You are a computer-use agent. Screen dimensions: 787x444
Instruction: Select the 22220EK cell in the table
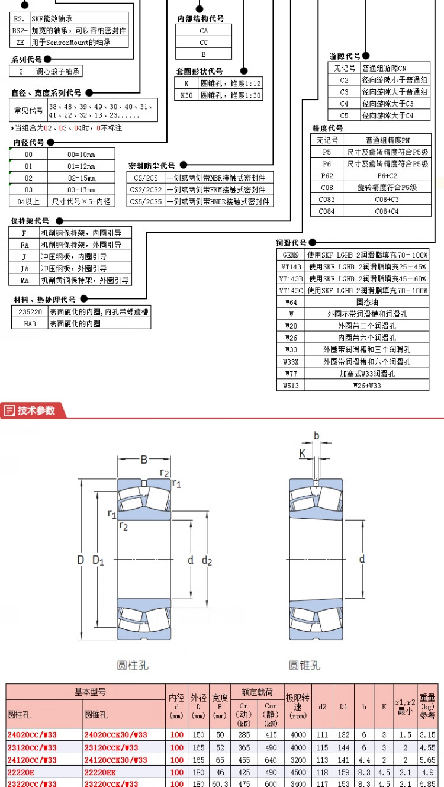[x=101, y=772]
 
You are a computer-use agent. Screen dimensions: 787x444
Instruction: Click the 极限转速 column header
[x=298, y=706]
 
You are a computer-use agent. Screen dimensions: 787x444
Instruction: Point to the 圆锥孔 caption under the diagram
[x=304, y=665]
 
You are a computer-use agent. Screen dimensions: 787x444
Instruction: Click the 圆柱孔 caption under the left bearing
[x=133, y=665]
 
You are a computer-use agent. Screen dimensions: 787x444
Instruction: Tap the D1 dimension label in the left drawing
[x=98, y=560]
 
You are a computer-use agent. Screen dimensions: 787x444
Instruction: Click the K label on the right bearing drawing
[x=303, y=454]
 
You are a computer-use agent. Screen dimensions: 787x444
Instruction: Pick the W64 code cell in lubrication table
[x=291, y=302]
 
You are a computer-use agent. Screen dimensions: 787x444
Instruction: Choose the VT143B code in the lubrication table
[x=291, y=278]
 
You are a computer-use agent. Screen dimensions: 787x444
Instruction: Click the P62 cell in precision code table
[x=327, y=175]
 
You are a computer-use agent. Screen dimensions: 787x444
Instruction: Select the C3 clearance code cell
[x=344, y=92]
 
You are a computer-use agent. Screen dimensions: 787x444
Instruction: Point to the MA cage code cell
[x=24, y=280]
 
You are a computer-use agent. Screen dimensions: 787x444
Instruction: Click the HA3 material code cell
[x=30, y=323]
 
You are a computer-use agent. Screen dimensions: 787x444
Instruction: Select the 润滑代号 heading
[x=291, y=243]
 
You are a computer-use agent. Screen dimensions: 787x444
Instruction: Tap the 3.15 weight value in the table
[x=427, y=735]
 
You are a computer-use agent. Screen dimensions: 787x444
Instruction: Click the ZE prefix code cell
[x=20, y=42]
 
